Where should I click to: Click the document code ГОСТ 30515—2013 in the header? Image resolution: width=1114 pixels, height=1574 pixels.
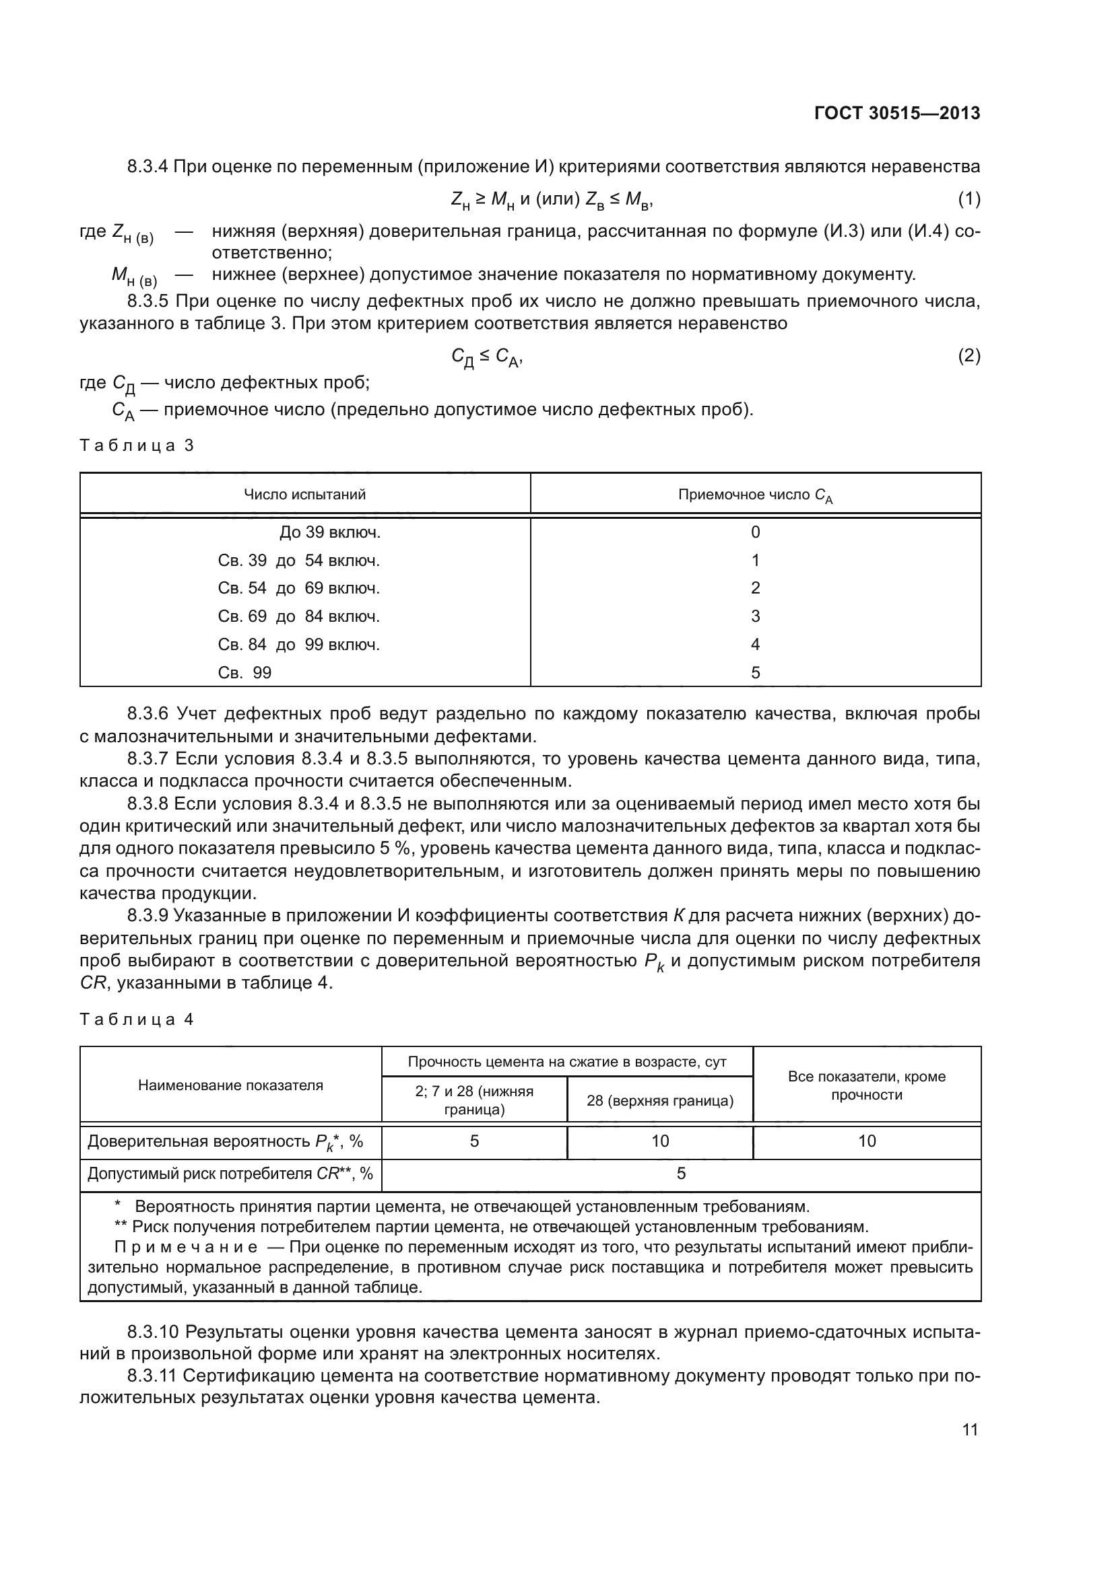point(896,113)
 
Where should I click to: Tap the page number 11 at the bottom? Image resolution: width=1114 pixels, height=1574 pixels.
point(970,1429)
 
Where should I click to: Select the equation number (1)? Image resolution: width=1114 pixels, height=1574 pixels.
point(969,199)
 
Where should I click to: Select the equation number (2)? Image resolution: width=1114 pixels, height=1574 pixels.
point(969,356)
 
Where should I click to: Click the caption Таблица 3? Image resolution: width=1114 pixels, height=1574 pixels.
point(137,445)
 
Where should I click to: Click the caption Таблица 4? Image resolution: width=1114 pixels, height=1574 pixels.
point(137,1019)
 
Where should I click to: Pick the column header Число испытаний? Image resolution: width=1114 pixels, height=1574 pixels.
point(304,495)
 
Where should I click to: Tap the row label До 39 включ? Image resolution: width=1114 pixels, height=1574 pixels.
point(330,533)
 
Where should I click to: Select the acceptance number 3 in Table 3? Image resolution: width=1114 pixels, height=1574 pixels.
point(755,616)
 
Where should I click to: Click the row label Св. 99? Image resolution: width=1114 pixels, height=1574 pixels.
point(245,672)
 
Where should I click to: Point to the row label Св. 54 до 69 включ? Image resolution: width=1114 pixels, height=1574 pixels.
point(298,588)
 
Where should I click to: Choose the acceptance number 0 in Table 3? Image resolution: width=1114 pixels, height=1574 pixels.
point(755,533)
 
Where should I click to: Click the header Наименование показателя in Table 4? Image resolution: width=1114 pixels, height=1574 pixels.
point(230,1085)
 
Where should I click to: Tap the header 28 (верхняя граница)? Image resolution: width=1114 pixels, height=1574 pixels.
point(660,1101)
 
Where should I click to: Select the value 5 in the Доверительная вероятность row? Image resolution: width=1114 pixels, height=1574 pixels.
point(474,1141)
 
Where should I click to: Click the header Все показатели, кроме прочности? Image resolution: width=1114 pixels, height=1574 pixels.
point(866,1085)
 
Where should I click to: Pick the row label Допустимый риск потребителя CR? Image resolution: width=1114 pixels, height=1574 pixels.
point(230,1174)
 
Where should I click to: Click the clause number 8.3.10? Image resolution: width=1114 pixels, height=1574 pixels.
point(153,1332)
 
